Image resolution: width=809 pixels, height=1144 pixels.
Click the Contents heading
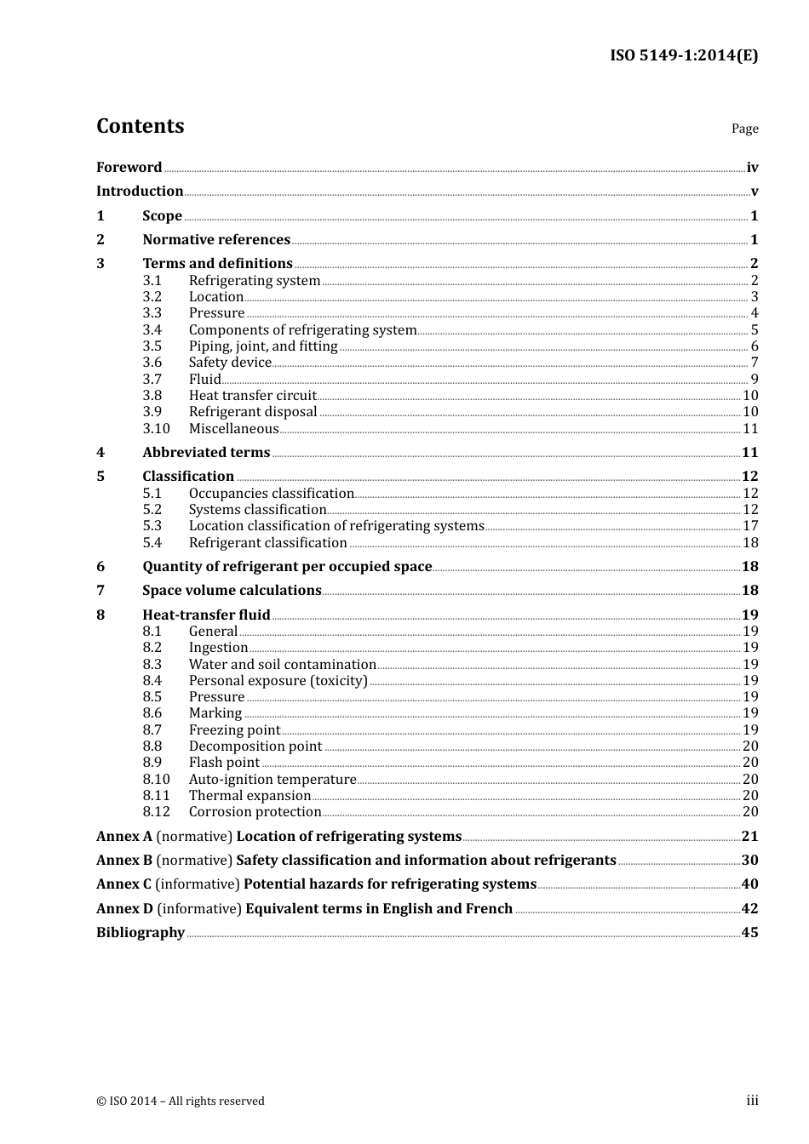point(140,126)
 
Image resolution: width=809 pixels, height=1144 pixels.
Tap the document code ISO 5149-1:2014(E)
point(683,55)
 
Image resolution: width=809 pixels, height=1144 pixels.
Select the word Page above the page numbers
point(744,129)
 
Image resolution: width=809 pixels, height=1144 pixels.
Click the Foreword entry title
point(129,168)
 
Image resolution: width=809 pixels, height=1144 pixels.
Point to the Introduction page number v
point(754,192)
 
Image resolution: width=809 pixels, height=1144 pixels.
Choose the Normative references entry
point(216,240)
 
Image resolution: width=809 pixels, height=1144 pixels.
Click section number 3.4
point(152,330)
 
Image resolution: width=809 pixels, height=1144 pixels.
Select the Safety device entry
point(230,363)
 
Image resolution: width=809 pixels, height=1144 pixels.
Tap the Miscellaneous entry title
point(233,429)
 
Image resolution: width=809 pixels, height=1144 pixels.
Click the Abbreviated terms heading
point(206,453)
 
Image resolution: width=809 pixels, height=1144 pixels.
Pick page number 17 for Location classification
point(749,526)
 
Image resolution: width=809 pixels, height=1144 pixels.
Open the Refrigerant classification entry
point(267,543)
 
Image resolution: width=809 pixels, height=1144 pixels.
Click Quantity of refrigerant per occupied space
point(287,567)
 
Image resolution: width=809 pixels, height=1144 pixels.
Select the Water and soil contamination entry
point(282,665)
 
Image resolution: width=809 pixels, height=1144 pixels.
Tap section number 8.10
point(156,780)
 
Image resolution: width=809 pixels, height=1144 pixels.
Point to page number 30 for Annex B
point(749,861)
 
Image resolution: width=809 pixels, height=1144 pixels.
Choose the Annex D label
point(124,909)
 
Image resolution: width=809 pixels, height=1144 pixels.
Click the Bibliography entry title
point(141,933)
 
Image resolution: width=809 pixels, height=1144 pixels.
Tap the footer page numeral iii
point(752,1101)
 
